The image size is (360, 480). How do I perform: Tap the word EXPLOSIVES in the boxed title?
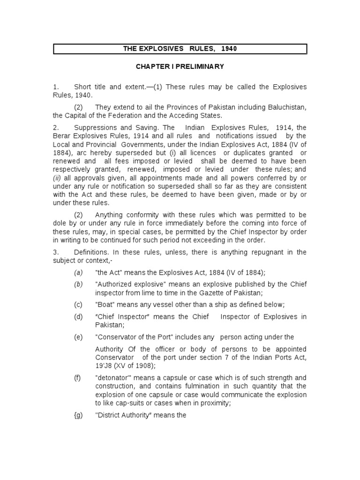(x=160, y=49)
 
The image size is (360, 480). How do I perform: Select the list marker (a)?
(x=77, y=272)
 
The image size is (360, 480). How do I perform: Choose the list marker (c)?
(x=77, y=304)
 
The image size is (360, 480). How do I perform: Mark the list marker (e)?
(x=77, y=337)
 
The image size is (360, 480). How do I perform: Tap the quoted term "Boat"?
(x=104, y=304)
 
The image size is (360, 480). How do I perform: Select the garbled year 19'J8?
(x=104, y=365)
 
